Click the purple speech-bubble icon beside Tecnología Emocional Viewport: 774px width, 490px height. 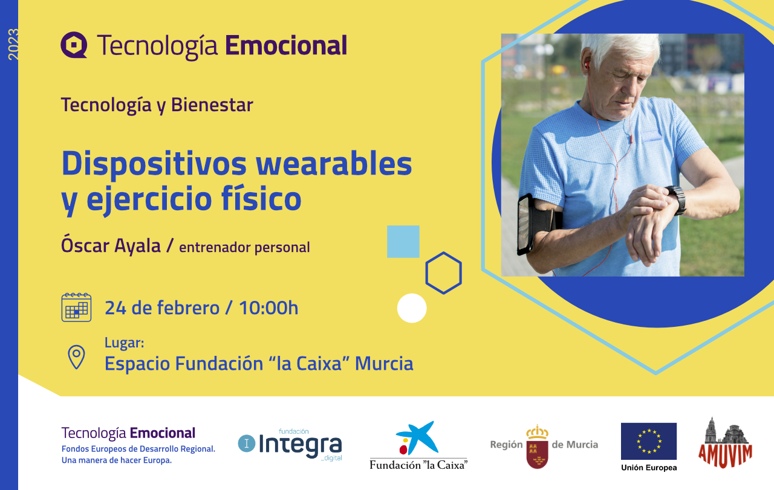pyautogui.click(x=74, y=45)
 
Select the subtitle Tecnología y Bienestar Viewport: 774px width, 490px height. pyautogui.click(x=157, y=105)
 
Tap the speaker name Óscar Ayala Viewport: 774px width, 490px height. pyautogui.click(x=111, y=246)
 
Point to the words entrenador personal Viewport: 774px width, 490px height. pyautogui.click(x=244, y=247)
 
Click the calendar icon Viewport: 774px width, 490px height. pyautogui.click(x=76, y=308)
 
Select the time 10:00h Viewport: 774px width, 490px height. pyautogui.click(x=268, y=308)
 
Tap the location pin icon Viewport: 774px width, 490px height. pyautogui.click(x=76, y=357)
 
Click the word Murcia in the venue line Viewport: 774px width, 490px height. pyautogui.click(x=384, y=364)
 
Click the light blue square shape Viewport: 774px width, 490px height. pyautogui.click(x=403, y=242)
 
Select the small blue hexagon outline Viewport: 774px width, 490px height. pyautogui.click(x=443, y=273)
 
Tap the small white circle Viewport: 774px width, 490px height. pyautogui.click(x=412, y=308)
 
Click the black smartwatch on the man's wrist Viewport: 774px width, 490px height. pyautogui.click(x=676, y=199)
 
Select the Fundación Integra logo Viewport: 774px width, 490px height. pyautogui.click(x=290, y=445)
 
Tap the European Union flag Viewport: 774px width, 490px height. pyautogui.click(x=649, y=442)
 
